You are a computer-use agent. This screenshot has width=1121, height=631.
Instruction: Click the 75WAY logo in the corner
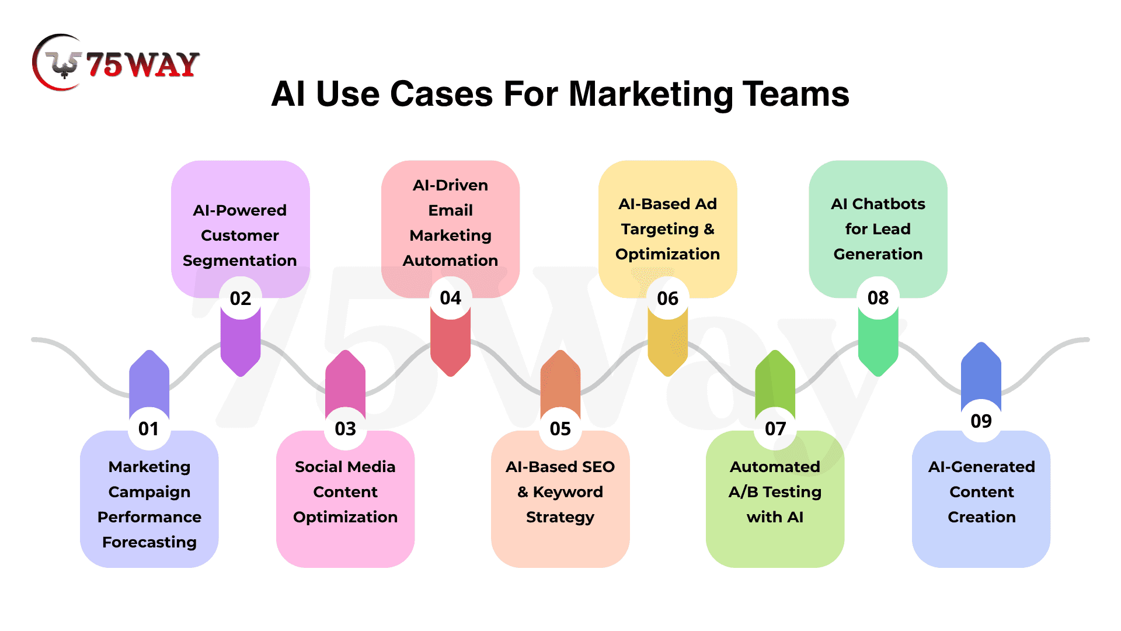[116, 63]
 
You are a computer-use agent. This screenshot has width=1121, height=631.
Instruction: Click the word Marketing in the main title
[650, 94]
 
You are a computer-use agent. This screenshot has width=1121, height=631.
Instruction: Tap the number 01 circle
[149, 429]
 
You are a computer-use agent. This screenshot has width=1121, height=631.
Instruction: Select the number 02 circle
[241, 299]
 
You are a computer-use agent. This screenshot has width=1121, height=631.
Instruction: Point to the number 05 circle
[560, 429]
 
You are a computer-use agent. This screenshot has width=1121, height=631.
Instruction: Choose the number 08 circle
[878, 298]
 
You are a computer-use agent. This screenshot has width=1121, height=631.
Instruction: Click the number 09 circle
[981, 421]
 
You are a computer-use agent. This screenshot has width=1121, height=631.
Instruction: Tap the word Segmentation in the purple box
[240, 261]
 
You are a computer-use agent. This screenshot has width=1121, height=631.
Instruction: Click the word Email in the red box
[451, 210]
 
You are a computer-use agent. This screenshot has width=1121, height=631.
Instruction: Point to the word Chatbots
[889, 204]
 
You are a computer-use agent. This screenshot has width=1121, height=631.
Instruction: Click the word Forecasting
[149, 542]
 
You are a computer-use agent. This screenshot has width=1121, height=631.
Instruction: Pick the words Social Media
[345, 467]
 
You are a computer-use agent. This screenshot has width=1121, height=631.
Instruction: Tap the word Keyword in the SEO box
[568, 492]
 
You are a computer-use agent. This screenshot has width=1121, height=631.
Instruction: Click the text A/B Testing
[775, 492]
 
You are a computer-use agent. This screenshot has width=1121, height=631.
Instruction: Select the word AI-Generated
[981, 467]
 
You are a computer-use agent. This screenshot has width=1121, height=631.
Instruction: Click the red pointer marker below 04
[450, 348]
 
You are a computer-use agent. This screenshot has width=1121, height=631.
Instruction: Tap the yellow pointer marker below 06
[668, 348]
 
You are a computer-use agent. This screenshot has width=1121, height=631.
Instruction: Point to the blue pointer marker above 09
[981, 374]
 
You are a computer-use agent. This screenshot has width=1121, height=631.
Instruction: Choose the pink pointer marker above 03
[345, 380]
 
